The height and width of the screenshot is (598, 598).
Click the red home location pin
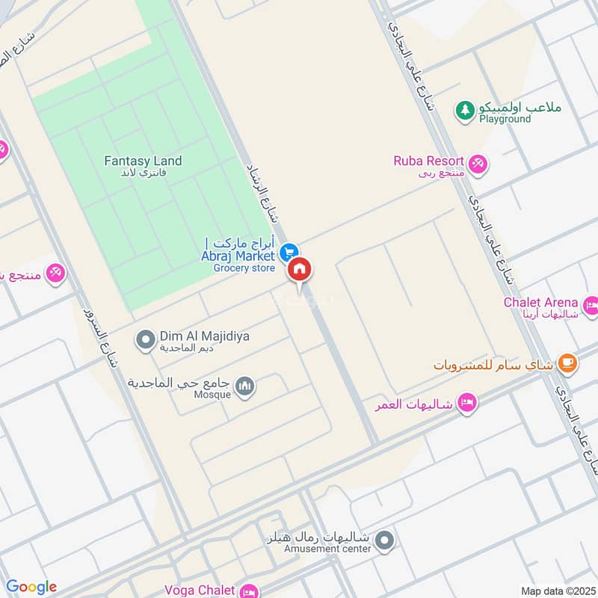click(x=300, y=269)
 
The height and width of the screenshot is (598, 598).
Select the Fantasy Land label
click(x=143, y=161)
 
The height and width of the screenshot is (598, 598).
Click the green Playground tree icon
click(x=466, y=110)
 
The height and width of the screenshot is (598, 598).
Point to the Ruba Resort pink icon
click(x=477, y=161)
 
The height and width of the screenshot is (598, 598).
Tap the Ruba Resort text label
click(x=429, y=161)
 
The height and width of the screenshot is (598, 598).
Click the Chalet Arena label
click(x=540, y=303)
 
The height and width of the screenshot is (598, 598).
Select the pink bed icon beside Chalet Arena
click(x=591, y=304)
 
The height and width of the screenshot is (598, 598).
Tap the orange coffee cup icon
click(x=567, y=363)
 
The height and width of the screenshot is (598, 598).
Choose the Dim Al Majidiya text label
click(x=204, y=336)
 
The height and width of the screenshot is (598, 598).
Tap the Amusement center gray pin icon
click(x=384, y=540)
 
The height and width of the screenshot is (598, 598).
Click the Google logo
click(x=31, y=587)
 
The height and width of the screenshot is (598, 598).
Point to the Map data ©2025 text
click(x=556, y=591)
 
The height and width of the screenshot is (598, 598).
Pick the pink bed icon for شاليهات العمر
click(x=467, y=403)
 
